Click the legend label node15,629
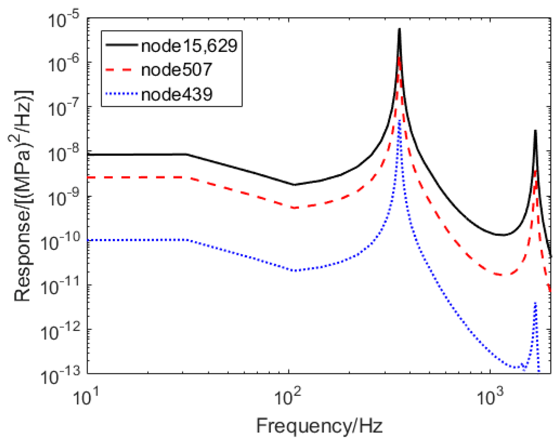(189, 46)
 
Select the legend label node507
(177, 70)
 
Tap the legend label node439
(177, 95)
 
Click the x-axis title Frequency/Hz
(319, 426)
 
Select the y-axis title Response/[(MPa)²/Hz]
(23, 196)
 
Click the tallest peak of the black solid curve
(400, 29)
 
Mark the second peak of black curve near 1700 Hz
(535, 131)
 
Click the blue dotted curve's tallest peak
(400, 120)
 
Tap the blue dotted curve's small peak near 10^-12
(535, 303)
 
